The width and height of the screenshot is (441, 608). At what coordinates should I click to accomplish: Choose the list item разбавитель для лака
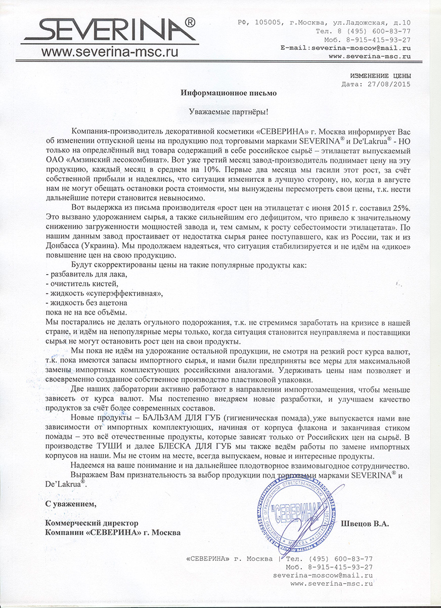[85, 275]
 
